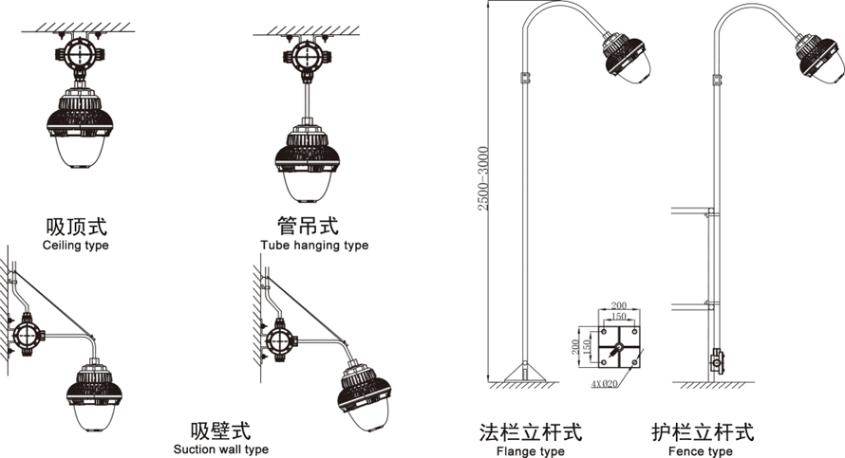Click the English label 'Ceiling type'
coord(76,246)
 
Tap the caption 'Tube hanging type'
coord(314,246)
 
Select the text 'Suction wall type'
coord(221,449)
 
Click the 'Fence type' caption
coord(701,451)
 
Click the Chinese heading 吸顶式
coord(76,227)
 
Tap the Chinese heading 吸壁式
coord(220,430)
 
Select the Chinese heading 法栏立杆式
coord(531,432)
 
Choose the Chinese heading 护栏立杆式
coord(703,432)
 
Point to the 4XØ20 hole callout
coord(604,385)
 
